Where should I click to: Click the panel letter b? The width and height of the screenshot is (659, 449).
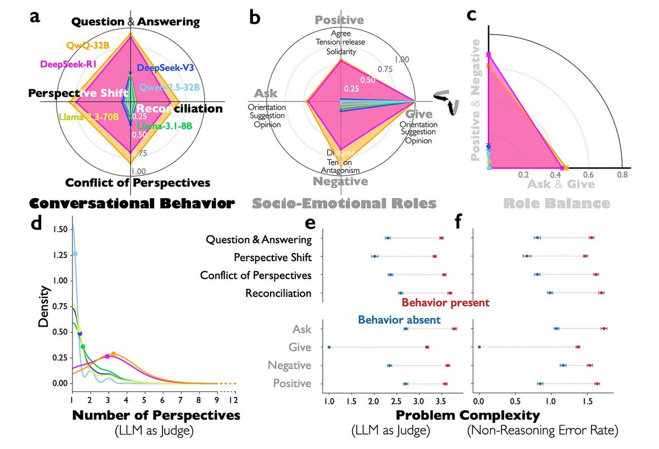(x=255, y=18)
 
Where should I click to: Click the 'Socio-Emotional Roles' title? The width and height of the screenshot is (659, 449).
(x=344, y=204)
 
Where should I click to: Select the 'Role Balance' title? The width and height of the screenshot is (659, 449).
(x=557, y=204)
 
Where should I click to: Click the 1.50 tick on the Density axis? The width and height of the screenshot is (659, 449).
(x=61, y=229)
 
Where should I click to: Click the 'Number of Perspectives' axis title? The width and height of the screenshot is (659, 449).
(x=156, y=416)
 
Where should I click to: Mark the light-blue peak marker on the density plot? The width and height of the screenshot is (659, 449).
(x=75, y=254)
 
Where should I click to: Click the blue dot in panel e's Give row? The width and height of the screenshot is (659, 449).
(x=329, y=347)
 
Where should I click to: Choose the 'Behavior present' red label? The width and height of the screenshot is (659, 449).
(x=445, y=302)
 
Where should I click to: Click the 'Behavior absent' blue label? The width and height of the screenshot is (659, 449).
(x=399, y=319)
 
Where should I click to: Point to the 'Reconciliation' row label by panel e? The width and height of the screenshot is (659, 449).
(x=278, y=293)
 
